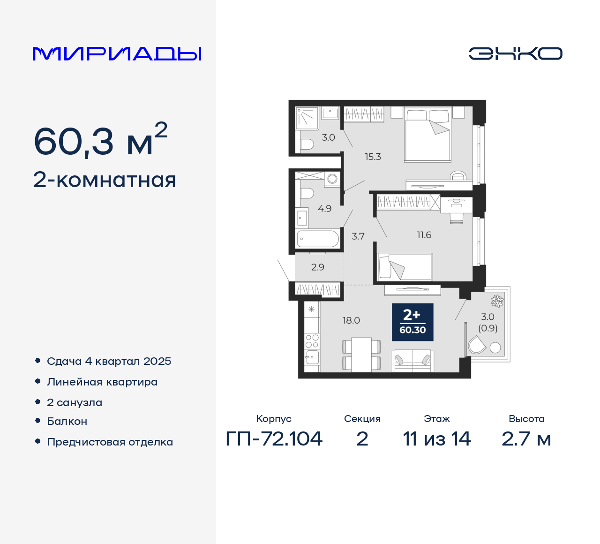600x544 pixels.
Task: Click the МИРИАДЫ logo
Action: click(117, 54)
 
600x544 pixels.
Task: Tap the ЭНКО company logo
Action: click(515, 53)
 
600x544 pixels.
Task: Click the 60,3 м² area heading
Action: click(100, 140)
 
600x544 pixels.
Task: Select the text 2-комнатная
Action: click(105, 180)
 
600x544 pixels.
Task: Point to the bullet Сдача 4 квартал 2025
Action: click(109, 361)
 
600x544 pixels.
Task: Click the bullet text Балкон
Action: click(67, 421)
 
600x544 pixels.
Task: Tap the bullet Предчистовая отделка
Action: click(110, 442)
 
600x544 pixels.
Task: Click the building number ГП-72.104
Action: click(274, 439)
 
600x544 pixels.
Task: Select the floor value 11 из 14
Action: click(437, 439)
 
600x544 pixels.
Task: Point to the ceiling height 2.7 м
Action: click(526, 439)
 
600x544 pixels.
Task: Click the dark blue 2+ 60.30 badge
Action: click(412, 322)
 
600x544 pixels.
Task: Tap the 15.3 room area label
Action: click(373, 157)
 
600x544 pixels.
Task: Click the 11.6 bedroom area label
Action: click(424, 235)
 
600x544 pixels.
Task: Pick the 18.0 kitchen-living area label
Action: click(351, 320)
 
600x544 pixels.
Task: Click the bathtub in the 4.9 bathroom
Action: click(317, 239)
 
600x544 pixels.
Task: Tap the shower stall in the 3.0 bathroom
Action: click(307, 118)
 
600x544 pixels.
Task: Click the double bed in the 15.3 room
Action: click(427, 136)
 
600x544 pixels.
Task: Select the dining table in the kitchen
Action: click(361, 354)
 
